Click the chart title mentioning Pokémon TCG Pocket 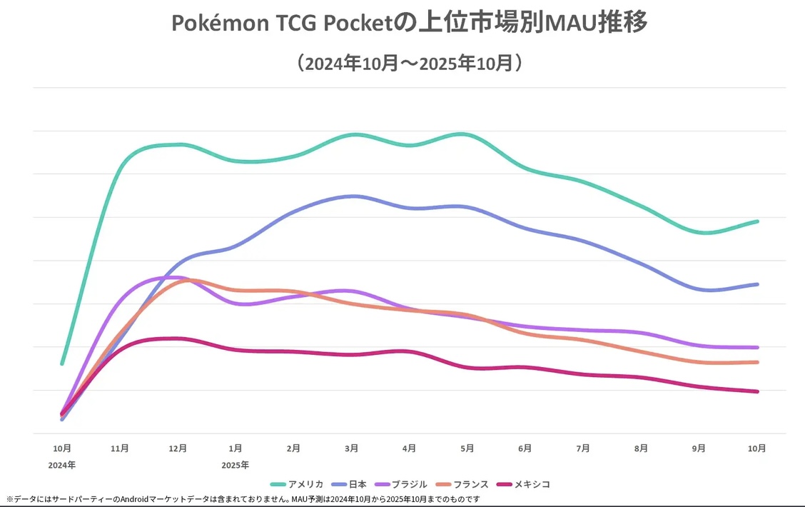click(409, 24)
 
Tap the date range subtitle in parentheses click(409, 63)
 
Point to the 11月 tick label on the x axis click(120, 448)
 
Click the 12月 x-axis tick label click(178, 448)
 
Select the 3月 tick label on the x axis click(351, 448)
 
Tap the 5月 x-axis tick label click(467, 448)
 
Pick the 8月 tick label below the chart click(641, 448)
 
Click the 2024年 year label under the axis click(63, 465)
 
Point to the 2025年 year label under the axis click(236, 465)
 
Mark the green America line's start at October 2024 click(63, 363)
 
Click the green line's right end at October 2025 click(757, 221)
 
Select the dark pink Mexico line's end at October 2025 click(757, 391)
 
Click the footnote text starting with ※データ click(243, 499)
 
